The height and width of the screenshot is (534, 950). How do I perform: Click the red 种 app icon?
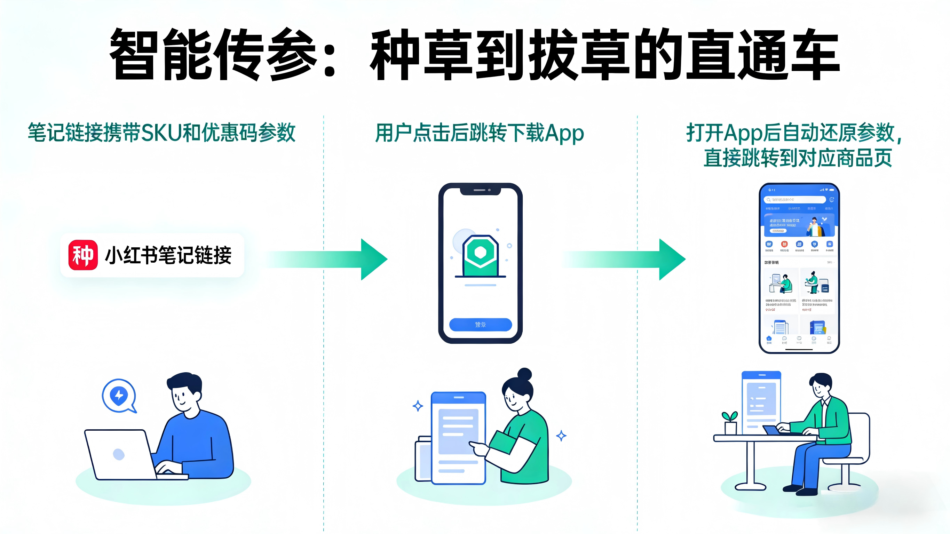pos(83,255)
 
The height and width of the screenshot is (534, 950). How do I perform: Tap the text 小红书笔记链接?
pos(168,255)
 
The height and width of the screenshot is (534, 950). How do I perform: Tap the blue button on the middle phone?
pos(480,325)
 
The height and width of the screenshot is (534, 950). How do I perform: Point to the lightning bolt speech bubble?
pos(119,396)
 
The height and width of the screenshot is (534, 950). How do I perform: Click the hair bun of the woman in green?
pos(524,374)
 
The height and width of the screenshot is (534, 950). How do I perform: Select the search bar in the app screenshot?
pos(795,200)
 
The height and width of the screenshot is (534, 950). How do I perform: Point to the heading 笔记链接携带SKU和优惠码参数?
pos(161,133)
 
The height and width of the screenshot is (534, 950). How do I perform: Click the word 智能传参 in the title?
pos(214,55)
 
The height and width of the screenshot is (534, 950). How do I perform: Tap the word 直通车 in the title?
pos(763,55)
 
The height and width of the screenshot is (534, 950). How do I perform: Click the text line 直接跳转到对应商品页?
pos(797,158)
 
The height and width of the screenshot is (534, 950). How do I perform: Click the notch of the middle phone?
pos(480,190)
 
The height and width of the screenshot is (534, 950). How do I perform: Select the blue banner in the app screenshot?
pos(799,225)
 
